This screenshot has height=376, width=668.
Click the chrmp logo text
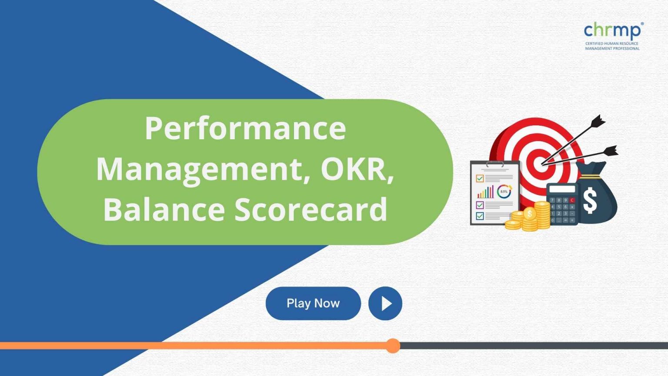(612, 30)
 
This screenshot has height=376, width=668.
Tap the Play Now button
(313, 303)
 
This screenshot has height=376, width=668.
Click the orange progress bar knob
(393, 346)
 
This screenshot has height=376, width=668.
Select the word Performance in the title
(245, 128)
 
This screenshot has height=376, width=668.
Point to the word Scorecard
(311, 209)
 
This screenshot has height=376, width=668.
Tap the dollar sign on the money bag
(590, 200)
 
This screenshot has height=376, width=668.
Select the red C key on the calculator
(572, 200)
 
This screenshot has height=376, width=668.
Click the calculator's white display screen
(561, 189)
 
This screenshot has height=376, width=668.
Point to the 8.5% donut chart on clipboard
(504, 191)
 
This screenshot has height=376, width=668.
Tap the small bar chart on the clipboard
(485, 192)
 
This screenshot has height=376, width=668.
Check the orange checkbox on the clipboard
(480, 178)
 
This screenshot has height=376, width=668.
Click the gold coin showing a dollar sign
(529, 213)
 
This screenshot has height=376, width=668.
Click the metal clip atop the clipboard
(495, 164)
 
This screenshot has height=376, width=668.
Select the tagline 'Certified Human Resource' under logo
(611, 44)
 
